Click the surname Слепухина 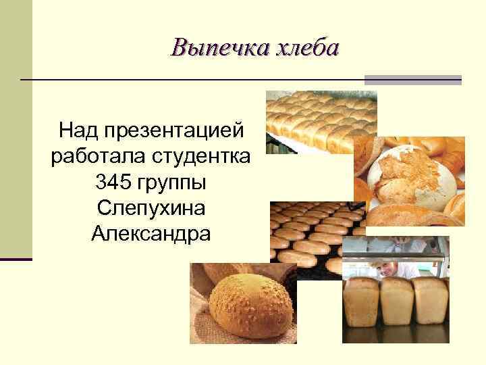[x=151, y=208]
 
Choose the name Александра [x=151, y=235]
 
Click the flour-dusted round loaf [x=408, y=176]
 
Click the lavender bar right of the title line [x=412, y=80]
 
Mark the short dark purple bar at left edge [x=16, y=259]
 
